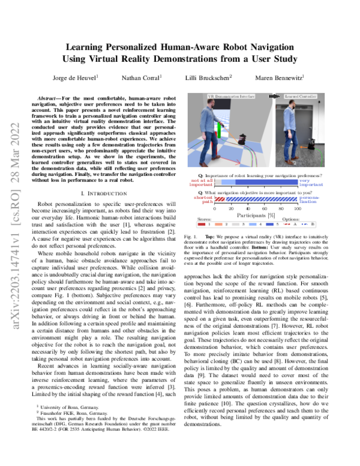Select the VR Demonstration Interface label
pyautogui.click(x=230, y=95)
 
